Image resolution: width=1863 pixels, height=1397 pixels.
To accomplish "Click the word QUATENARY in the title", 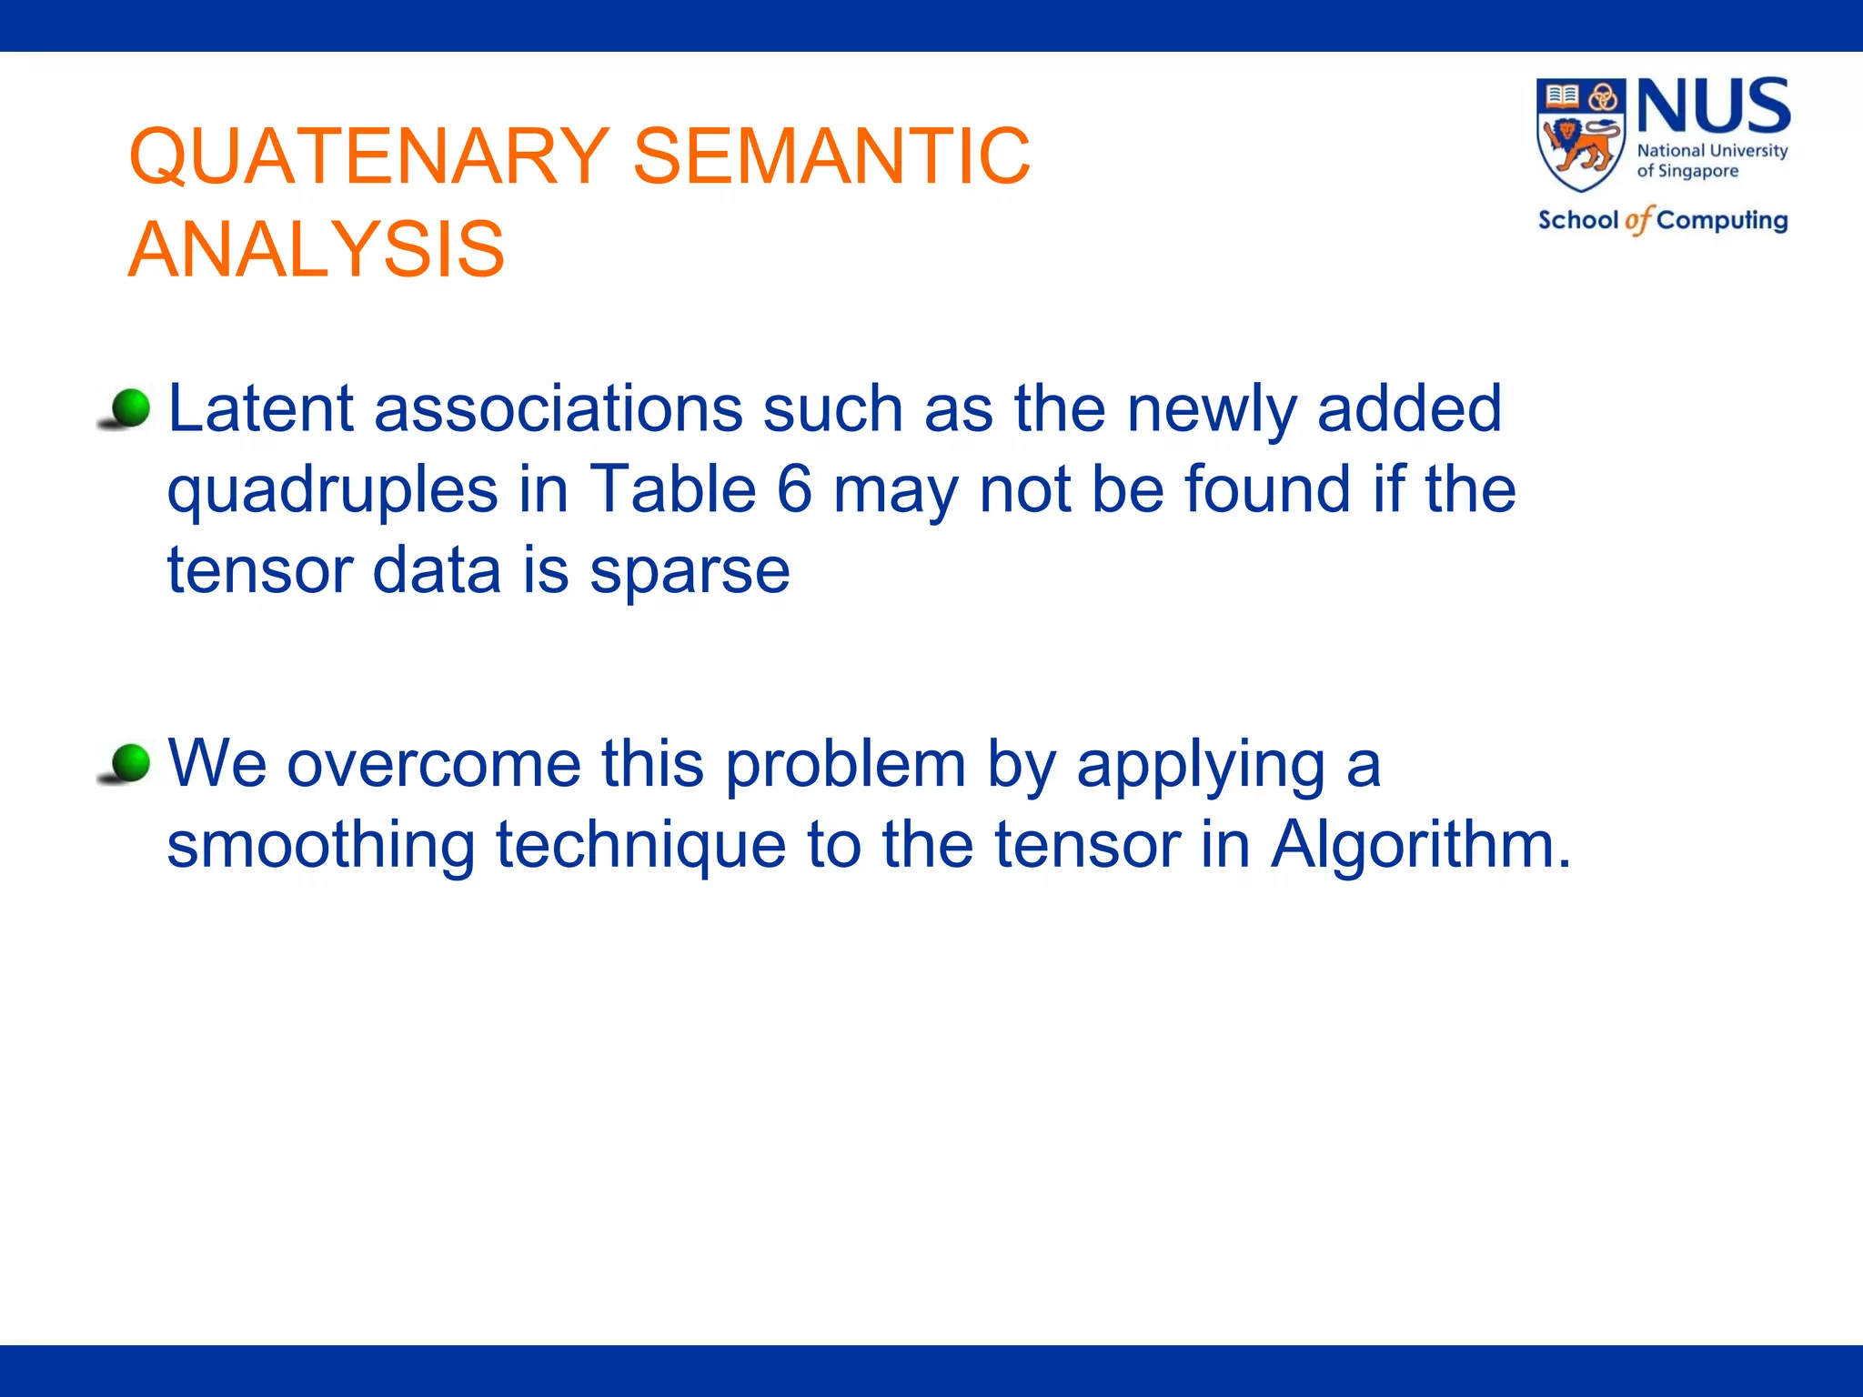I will point(368,156).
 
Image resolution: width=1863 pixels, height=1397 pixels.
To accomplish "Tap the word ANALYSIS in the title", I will point(316,250).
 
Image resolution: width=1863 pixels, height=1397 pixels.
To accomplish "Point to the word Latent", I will point(260,408).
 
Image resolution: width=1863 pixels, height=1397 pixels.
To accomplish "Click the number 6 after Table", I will point(794,489).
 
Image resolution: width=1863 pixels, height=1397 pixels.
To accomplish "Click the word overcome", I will point(433,764).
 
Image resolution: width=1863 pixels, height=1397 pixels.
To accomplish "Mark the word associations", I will point(558,408).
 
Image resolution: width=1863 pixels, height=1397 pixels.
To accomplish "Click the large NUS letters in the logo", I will point(1713,106).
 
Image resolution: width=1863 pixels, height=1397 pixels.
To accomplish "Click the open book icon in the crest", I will point(1562,95).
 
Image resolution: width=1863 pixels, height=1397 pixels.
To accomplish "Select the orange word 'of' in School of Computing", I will point(1637,221).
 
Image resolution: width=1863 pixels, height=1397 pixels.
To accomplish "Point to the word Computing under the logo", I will point(1721,221).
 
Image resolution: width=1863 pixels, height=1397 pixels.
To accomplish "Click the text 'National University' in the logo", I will point(1712,151).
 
